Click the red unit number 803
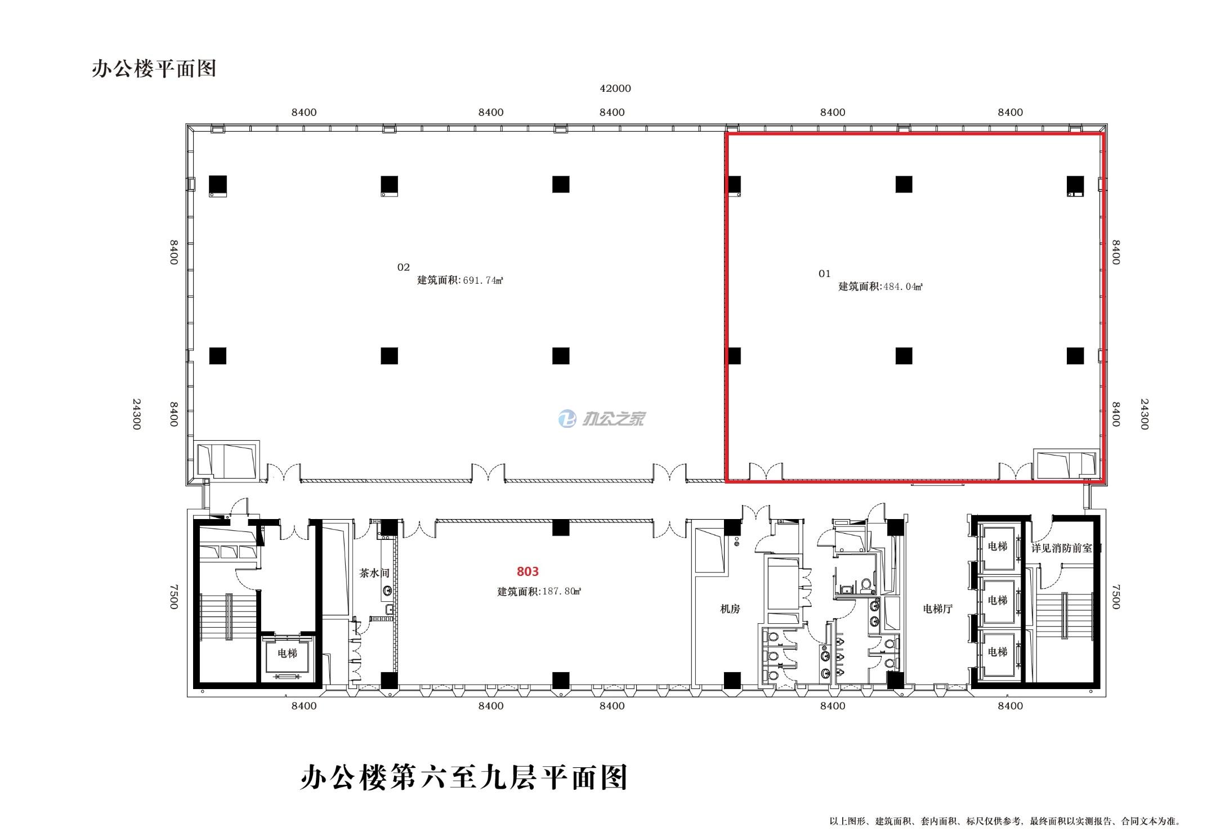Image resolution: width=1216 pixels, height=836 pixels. tap(527, 571)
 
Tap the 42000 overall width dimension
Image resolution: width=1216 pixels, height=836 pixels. tap(615, 88)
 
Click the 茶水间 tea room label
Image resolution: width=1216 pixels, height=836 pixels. tap(374, 573)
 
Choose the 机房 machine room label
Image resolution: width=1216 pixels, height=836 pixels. tap(730, 609)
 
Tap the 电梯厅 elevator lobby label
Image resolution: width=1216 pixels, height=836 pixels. tap(937, 609)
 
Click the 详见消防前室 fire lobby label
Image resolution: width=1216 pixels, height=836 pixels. tap(1062, 548)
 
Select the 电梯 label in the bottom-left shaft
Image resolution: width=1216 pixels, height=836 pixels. tap(287, 653)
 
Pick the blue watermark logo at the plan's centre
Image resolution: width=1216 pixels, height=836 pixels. tap(567, 418)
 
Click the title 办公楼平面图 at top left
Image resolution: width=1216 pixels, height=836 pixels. tap(154, 69)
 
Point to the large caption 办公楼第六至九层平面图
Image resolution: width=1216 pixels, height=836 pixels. tap(463, 777)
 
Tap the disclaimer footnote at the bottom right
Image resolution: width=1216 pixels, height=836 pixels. tap(1004, 821)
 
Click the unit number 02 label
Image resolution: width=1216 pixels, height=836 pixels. tap(403, 267)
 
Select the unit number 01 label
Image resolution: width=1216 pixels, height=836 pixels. tap(824, 274)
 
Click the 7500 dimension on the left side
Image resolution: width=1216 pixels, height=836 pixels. tap(173, 596)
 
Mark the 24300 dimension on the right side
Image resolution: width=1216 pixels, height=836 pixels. tap(1144, 414)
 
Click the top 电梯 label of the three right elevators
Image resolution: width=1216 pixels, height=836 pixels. tap(997, 546)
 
